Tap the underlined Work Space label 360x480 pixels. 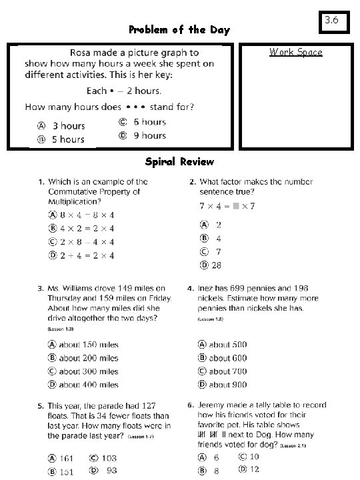tap(295, 52)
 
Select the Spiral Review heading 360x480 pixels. tap(179, 162)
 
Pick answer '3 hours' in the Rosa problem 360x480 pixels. tap(68, 125)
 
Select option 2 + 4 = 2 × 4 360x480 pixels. tap(86, 255)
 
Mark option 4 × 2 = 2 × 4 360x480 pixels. tap(86, 228)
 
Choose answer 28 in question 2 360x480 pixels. tap(216, 265)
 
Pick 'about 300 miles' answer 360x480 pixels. tap(88, 371)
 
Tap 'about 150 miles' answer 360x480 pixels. tap(88, 345)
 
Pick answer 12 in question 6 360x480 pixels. tap(254, 470)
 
